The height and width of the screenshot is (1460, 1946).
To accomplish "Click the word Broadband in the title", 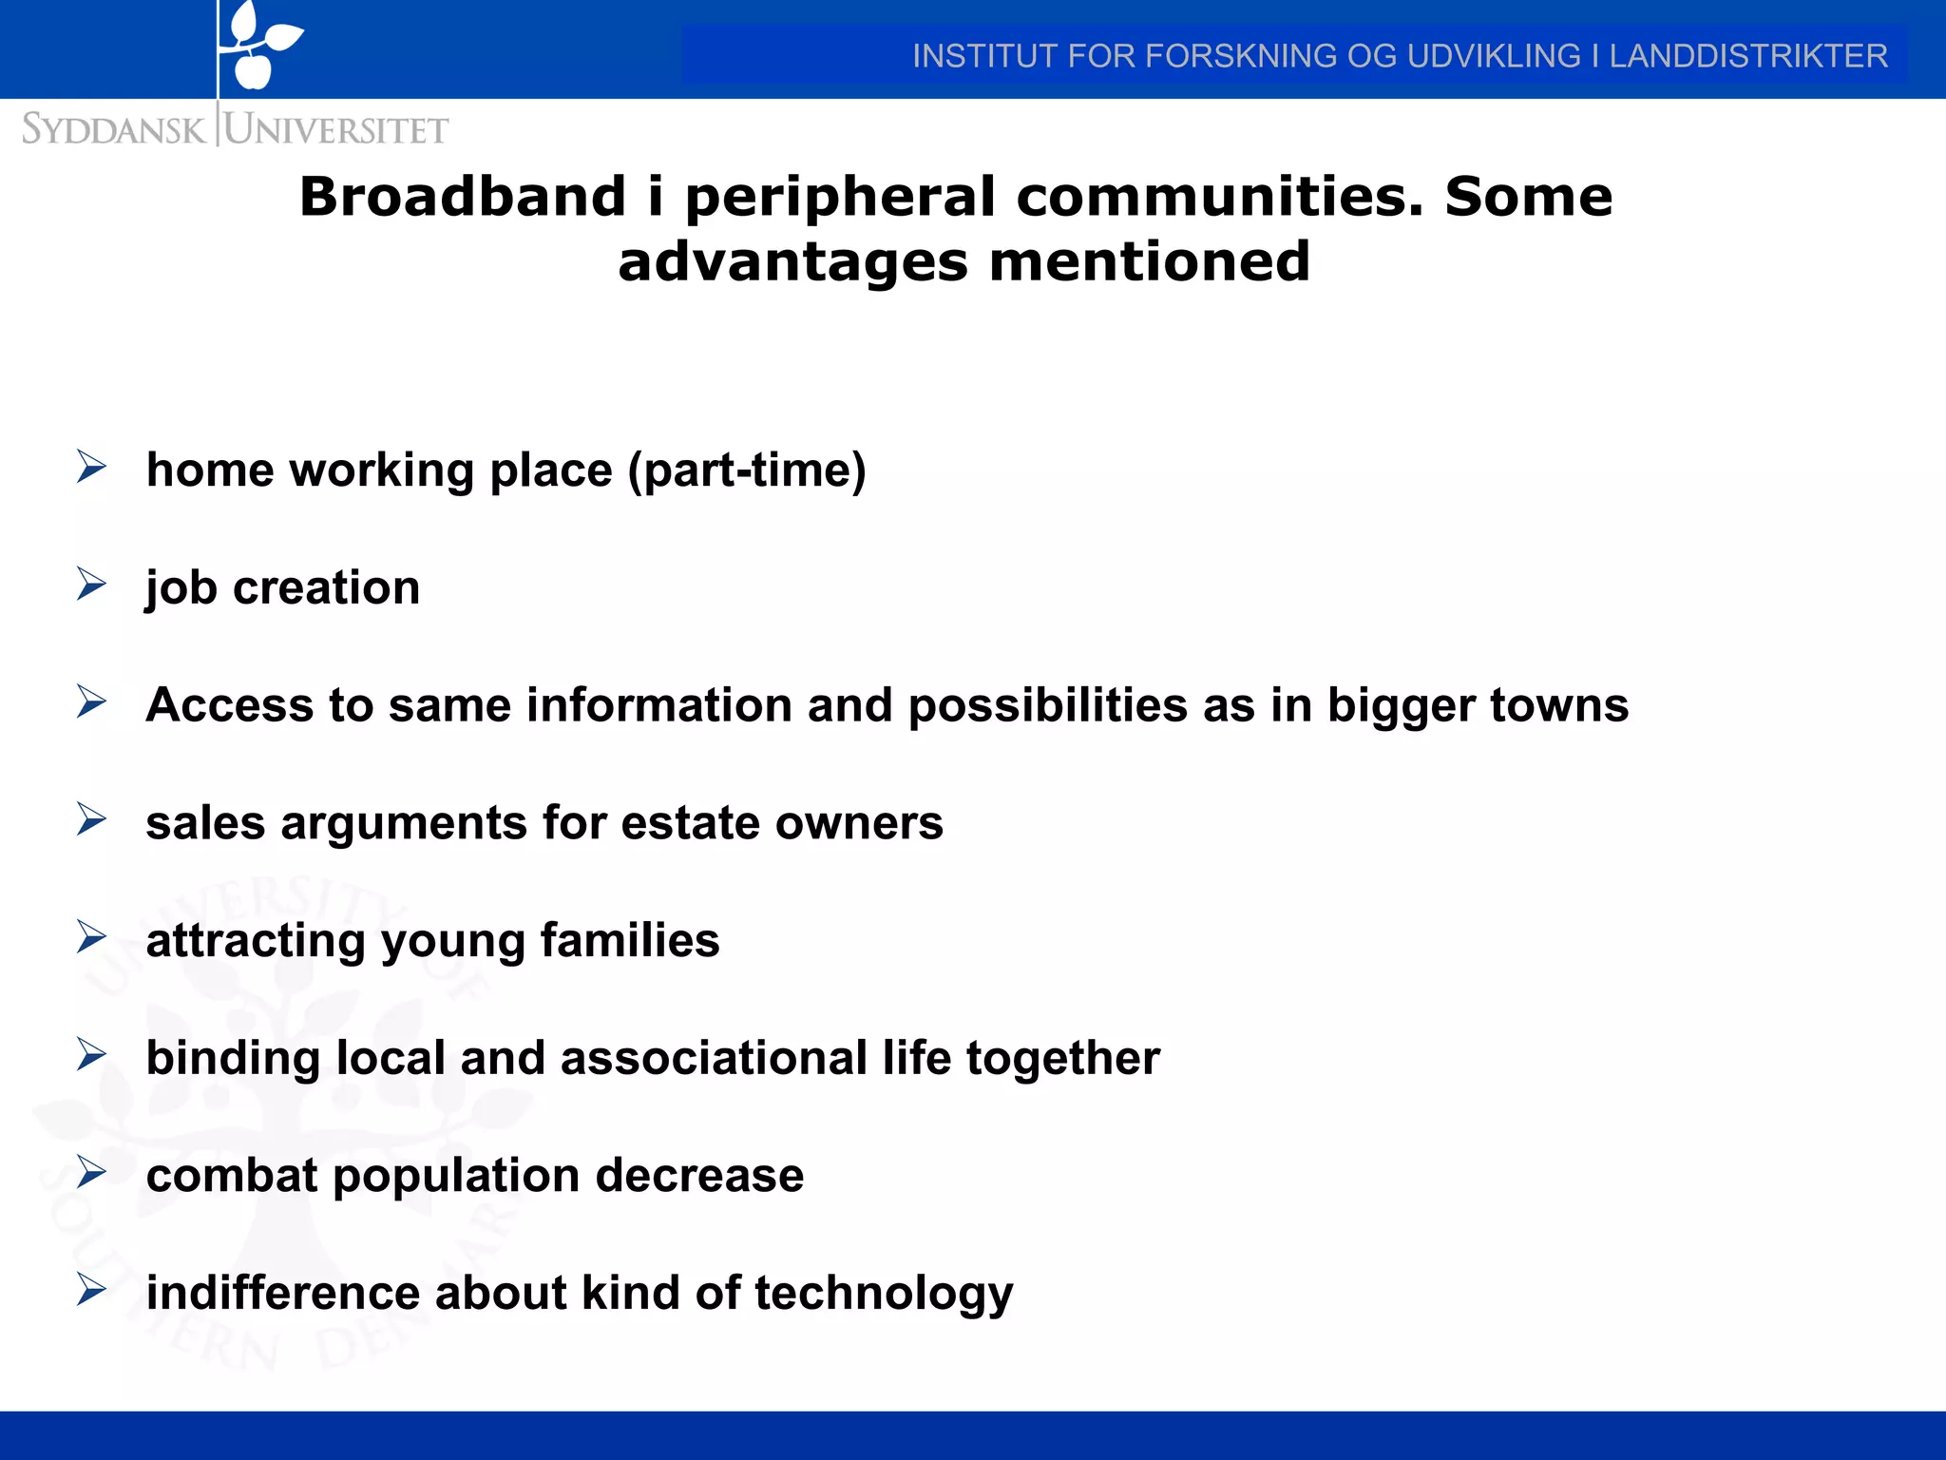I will coord(463,198).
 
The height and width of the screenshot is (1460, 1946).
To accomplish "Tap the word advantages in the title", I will coord(793,263).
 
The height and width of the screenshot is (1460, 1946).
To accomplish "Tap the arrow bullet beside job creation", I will coord(91,585).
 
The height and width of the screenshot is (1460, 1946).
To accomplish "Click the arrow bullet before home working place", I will coord(91,467).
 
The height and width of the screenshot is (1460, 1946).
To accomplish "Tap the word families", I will coord(629,941).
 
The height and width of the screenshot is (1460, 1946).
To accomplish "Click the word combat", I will coord(232,1176).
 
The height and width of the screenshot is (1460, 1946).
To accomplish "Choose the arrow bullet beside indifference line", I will coord(91,1290).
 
